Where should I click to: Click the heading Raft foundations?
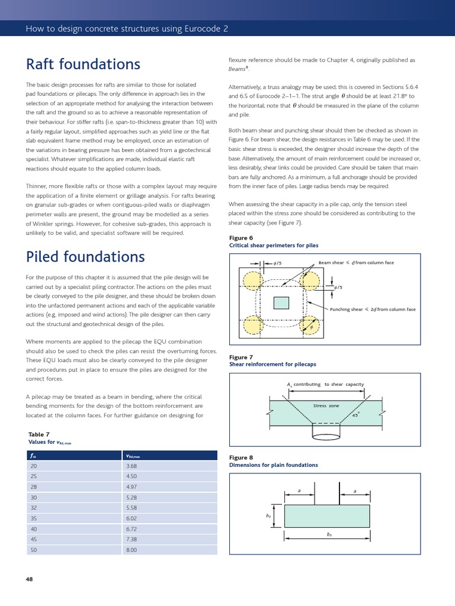coord(83,64)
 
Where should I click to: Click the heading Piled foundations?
coord(85,257)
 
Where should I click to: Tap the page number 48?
coord(30,579)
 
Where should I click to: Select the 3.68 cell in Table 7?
coord(131,466)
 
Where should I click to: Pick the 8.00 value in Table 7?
coord(131,550)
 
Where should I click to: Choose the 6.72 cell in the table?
coord(131,528)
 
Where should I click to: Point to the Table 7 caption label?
coord(39,434)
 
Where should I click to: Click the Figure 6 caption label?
coord(241,238)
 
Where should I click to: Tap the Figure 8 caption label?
coord(241,457)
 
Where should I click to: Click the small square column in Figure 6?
coord(281,302)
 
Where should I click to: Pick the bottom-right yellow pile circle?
coord(310,325)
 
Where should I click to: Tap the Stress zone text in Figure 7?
coord(326,406)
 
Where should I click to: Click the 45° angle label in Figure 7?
coord(355,415)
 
